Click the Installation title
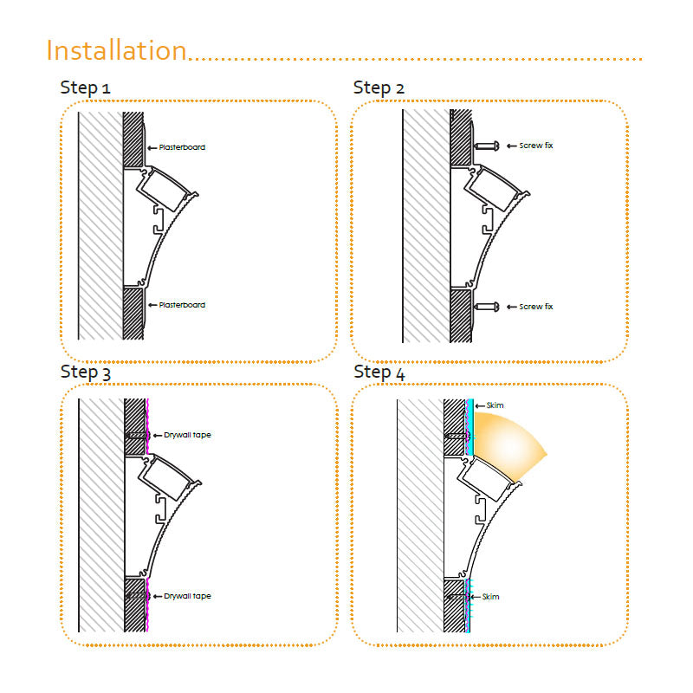[117, 50]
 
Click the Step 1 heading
[85, 88]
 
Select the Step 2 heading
[379, 88]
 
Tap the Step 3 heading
[85, 372]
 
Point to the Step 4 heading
[379, 372]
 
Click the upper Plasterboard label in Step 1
[182, 147]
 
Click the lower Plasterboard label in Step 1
[182, 305]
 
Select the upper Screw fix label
[535, 146]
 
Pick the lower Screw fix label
[535, 307]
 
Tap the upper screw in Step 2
[487, 146]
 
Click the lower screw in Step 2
[487, 307]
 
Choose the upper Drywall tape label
[187, 435]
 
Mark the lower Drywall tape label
[187, 596]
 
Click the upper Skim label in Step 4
[495, 405]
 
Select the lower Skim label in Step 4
[490, 597]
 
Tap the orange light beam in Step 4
[508, 444]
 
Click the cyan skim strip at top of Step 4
[471, 427]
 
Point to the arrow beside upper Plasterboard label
[152, 148]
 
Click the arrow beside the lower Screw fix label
[512, 307]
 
